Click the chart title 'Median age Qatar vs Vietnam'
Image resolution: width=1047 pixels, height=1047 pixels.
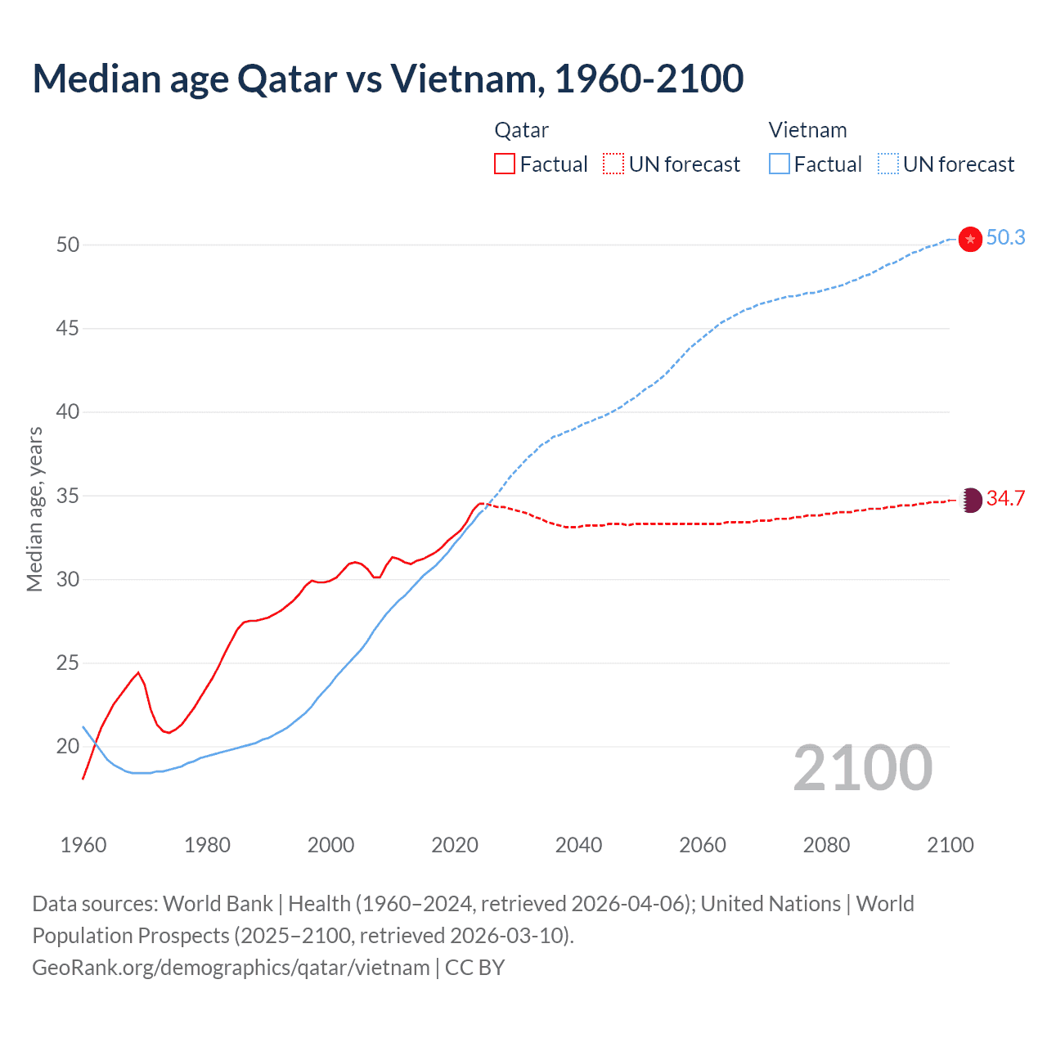coord(388,79)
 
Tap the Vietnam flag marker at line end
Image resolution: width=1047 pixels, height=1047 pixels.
coord(970,239)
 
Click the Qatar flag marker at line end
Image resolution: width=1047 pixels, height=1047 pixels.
coord(970,500)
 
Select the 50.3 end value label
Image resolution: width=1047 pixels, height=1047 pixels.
coord(1005,238)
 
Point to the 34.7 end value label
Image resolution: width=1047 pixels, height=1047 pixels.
coord(1005,499)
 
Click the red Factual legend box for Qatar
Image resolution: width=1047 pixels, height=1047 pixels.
coord(505,164)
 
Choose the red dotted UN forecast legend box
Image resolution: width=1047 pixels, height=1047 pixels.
coord(613,164)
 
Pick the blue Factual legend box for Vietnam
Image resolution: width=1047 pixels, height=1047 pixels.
coord(779,164)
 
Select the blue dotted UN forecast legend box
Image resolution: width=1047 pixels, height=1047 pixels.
coord(887,164)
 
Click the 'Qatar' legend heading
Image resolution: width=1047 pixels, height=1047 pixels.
coord(521,131)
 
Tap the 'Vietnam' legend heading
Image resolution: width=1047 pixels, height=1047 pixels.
coord(807,131)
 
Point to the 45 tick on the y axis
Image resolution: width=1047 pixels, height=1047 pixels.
coord(67,329)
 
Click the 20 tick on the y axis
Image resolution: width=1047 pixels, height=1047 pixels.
coord(67,747)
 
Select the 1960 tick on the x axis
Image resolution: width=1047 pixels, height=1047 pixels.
coord(83,845)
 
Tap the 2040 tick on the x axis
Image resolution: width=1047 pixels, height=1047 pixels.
coord(578,845)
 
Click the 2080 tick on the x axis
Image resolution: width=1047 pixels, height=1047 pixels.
coord(826,845)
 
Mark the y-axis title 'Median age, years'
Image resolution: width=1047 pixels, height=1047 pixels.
coord(35,509)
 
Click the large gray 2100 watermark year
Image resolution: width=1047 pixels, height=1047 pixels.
coord(862,768)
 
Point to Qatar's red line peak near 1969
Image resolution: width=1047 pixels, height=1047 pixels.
coord(138,672)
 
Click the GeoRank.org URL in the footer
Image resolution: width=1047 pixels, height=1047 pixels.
coord(231,968)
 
